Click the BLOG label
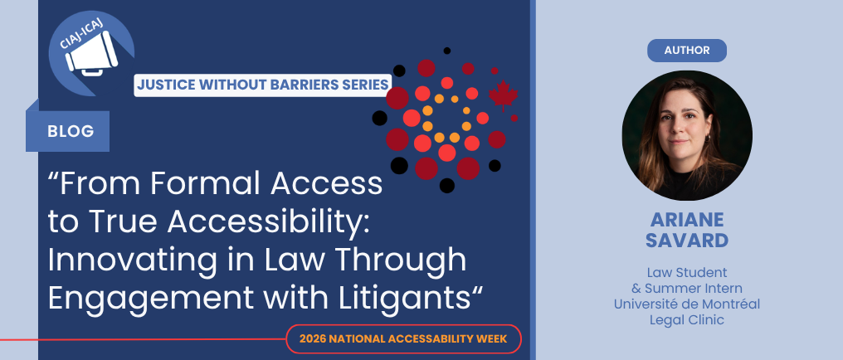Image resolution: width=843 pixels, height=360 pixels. tap(71, 131)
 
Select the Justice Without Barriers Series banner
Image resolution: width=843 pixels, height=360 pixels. tap(262, 85)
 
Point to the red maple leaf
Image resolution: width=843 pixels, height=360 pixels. tap(503, 95)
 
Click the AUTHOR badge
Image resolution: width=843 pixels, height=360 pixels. tap(686, 51)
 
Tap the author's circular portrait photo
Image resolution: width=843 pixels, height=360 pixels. tap(687, 135)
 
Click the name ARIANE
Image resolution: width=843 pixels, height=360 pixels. tap(686, 220)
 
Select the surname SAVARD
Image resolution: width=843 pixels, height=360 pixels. tap(686, 241)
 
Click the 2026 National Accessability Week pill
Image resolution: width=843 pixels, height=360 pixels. tap(403, 339)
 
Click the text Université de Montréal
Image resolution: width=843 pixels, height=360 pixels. tap(686, 304)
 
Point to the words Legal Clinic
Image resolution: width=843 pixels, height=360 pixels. tap(686, 320)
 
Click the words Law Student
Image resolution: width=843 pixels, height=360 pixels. tap(686, 272)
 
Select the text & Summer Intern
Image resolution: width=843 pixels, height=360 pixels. tap(686, 288)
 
